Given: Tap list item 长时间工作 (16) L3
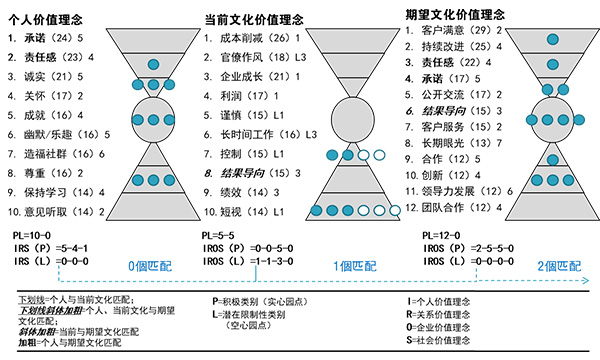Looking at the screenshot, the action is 257,132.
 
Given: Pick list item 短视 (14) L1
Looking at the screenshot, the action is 246,207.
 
